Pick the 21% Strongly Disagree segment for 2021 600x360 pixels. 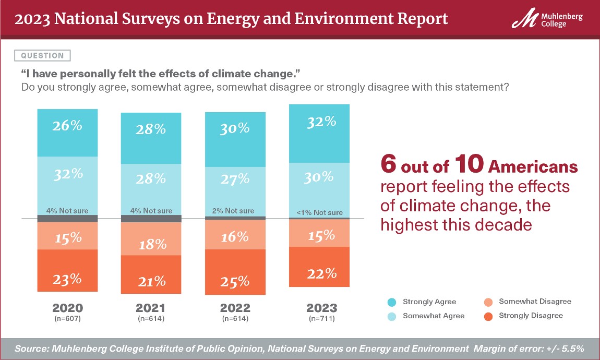click(x=151, y=274)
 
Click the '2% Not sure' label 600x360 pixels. click(x=235, y=211)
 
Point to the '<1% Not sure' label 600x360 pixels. click(x=319, y=212)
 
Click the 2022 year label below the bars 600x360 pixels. click(x=235, y=308)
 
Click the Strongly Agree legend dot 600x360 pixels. click(x=391, y=302)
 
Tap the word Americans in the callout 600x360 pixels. click(x=533, y=166)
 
